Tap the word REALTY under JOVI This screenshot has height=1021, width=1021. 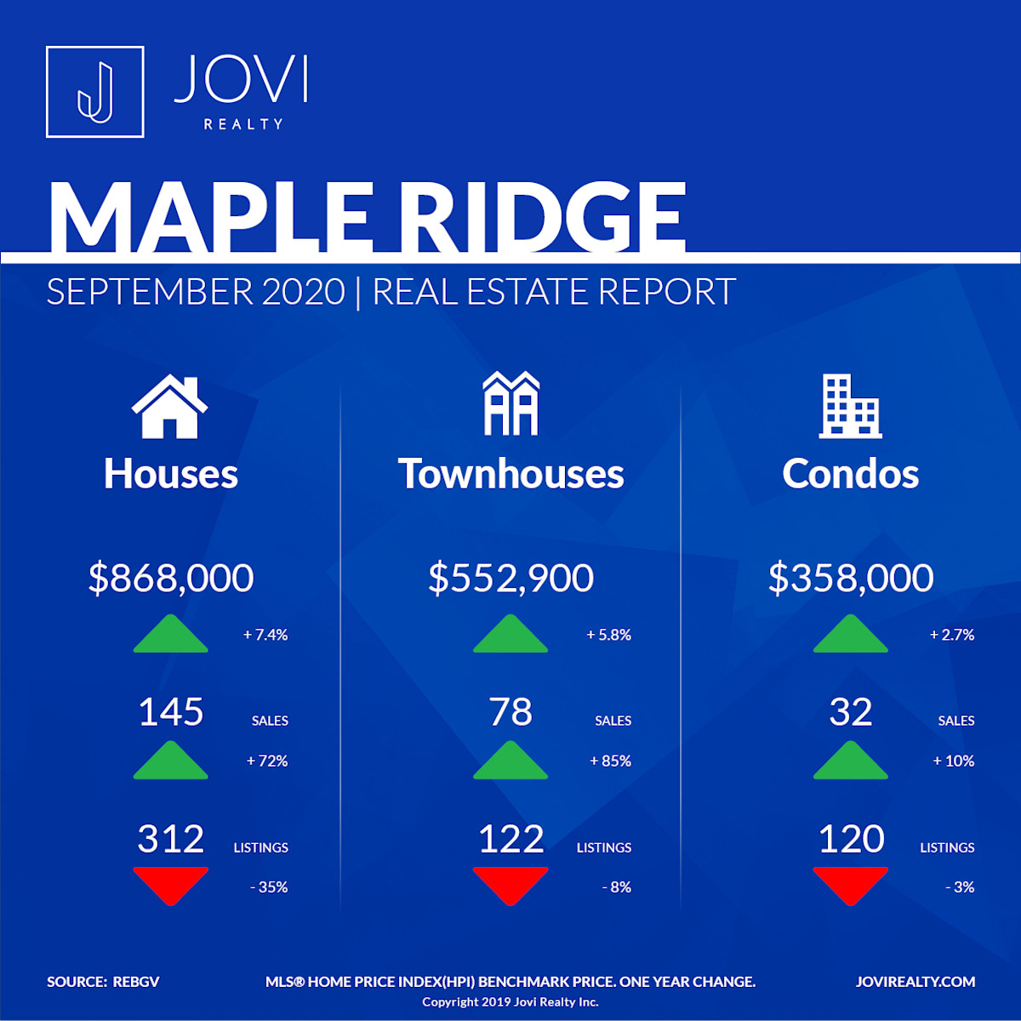(x=243, y=124)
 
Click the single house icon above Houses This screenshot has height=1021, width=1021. (x=169, y=407)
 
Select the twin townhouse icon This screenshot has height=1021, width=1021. (x=510, y=403)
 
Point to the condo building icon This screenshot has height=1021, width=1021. (x=850, y=407)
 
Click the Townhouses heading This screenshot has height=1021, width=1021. (x=510, y=474)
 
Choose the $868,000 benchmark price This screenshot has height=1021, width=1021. (x=171, y=578)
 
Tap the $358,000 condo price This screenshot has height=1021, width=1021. (x=851, y=578)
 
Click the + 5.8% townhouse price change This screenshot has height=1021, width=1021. (x=609, y=635)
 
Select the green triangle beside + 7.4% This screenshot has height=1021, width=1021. (x=171, y=634)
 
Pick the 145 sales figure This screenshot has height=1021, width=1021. (x=171, y=711)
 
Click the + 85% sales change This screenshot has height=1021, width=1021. (x=610, y=761)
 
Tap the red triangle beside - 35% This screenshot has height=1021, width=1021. (x=171, y=885)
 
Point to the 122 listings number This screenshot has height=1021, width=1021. (x=510, y=839)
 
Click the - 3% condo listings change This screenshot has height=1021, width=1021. (x=960, y=887)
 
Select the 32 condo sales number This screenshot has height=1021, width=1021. (x=850, y=711)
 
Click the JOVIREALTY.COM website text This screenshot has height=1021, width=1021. (x=915, y=982)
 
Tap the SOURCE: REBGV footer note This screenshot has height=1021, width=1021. (x=103, y=982)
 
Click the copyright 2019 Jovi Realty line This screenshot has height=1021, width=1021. (x=510, y=1002)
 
